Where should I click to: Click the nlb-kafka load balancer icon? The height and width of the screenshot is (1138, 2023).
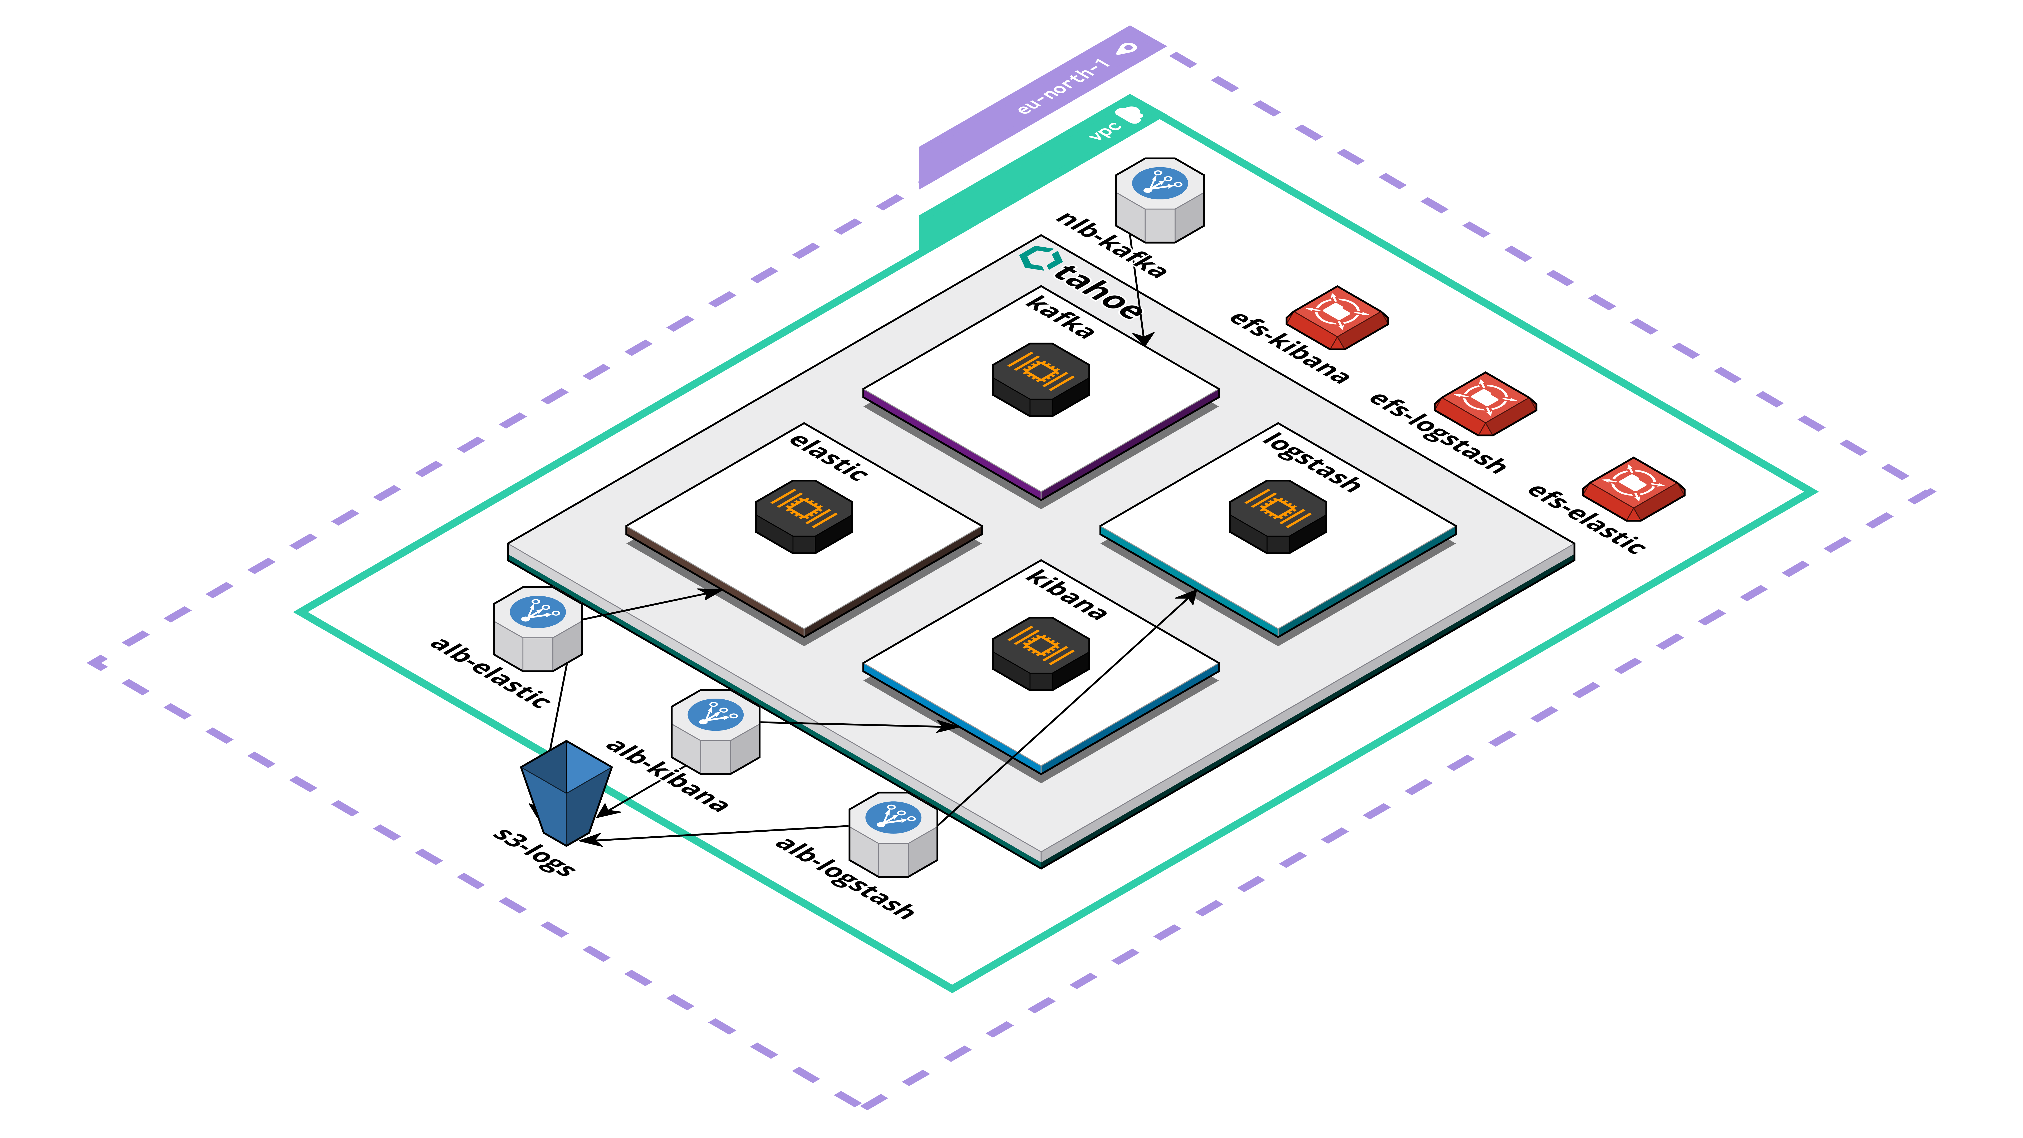click(x=1160, y=200)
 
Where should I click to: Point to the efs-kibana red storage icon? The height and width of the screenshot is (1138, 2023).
click(x=1337, y=316)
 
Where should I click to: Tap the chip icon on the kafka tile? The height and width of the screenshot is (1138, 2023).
click(x=1040, y=379)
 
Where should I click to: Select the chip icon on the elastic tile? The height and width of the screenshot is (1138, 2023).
click(x=803, y=516)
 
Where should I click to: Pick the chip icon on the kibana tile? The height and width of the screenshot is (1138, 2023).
click(x=1040, y=653)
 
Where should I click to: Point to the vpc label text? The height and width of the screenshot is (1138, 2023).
click(x=1104, y=130)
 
